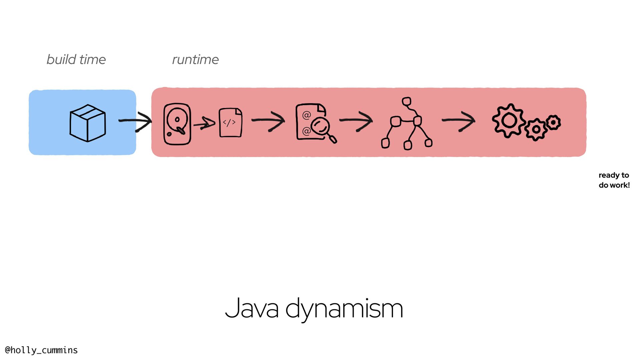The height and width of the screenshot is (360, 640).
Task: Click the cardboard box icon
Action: [x=88, y=123]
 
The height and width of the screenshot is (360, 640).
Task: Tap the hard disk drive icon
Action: [x=177, y=124]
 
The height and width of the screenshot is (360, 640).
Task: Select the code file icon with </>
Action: [x=230, y=122]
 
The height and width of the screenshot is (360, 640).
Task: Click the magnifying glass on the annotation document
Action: [x=322, y=128]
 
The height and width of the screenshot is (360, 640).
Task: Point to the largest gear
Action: [x=509, y=120]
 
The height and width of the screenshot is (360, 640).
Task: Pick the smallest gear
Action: [x=553, y=122]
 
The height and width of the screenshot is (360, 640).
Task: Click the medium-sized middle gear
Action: [x=536, y=129]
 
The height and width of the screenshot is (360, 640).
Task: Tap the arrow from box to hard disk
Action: [x=135, y=121]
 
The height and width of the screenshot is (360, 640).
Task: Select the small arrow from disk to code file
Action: [x=204, y=124]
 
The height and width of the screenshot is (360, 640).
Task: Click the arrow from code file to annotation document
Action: [x=268, y=121]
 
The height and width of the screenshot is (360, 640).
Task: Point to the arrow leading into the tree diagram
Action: [x=356, y=121]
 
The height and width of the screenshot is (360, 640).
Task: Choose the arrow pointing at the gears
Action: [x=459, y=121]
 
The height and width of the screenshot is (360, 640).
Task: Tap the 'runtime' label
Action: [x=195, y=60]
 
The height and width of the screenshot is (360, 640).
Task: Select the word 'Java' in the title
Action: [x=252, y=308]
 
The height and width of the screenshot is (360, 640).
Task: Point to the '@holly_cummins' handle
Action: [x=41, y=350]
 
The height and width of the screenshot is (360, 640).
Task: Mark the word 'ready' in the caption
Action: [x=609, y=175]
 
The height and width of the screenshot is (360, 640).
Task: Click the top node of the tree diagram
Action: [x=406, y=101]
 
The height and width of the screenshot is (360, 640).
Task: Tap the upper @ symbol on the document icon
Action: [x=306, y=115]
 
